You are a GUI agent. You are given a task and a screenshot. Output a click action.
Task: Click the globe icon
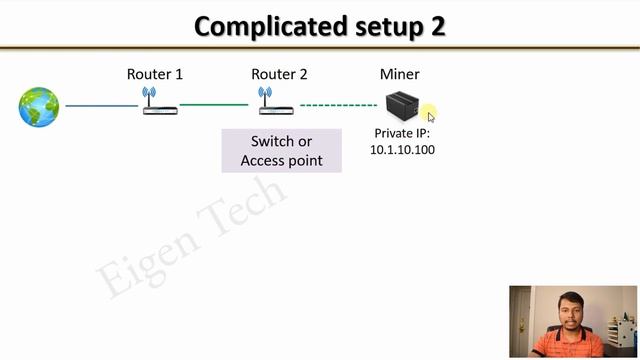[39, 106]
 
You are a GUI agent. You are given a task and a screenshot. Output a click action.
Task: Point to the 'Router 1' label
[155, 74]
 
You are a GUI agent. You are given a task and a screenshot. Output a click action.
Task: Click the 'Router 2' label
[280, 74]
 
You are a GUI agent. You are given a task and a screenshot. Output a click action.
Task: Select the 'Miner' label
[400, 74]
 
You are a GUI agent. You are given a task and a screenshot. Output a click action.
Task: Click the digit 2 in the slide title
[438, 26]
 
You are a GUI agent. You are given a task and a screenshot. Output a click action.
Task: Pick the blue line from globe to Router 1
[101, 105]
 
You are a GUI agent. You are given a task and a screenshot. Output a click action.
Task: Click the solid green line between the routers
[214, 104]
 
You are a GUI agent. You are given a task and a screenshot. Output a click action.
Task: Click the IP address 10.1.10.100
[403, 150]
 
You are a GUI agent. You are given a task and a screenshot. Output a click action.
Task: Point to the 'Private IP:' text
[403, 133]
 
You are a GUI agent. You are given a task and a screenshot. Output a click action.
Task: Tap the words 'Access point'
[282, 160]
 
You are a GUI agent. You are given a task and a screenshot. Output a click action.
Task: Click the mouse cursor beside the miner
[430, 116]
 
